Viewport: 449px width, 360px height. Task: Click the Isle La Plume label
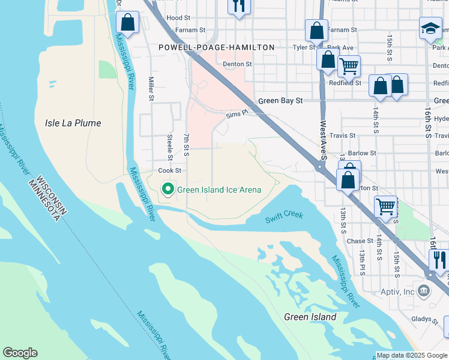point(73,123)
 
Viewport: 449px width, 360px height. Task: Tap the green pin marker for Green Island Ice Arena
point(168,190)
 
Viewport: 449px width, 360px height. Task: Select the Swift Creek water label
point(285,216)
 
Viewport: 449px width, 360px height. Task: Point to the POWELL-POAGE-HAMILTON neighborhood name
point(216,47)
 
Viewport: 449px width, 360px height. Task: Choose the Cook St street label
point(169,171)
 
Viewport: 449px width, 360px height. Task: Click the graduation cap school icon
point(430,28)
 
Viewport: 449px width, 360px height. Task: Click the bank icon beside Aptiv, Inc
point(425,292)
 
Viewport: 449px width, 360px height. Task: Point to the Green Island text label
point(310,317)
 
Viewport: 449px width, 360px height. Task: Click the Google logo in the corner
point(20,353)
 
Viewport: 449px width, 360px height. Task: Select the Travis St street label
point(343,136)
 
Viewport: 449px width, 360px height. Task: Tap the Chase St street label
point(360,241)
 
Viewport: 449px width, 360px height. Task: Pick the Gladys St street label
point(426,320)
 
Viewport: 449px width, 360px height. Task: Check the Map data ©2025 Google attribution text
point(412,355)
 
